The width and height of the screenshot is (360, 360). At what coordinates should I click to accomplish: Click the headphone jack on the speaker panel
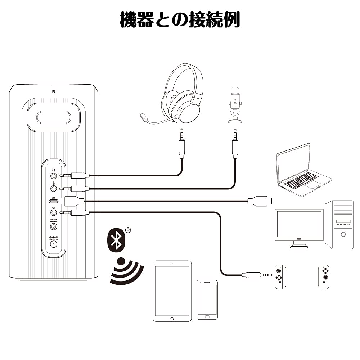[x=54, y=176]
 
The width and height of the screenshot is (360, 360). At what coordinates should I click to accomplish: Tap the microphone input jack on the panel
[x=54, y=188]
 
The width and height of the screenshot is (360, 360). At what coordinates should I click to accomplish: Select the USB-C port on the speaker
[x=54, y=201]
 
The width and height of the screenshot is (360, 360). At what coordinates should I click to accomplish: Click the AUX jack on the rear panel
[x=54, y=213]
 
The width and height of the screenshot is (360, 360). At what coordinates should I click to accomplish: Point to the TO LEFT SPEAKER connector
[x=54, y=226]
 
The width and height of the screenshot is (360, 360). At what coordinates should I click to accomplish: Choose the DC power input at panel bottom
[x=54, y=244]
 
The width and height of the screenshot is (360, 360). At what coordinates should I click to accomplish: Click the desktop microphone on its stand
[x=235, y=104]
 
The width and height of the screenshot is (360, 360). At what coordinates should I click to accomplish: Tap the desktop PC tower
[x=339, y=224]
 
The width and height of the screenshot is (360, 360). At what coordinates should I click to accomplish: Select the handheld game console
[x=302, y=276]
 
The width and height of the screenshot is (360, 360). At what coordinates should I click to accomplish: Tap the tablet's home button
[x=172, y=318]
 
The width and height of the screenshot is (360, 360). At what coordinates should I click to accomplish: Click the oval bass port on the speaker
[x=53, y=117]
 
